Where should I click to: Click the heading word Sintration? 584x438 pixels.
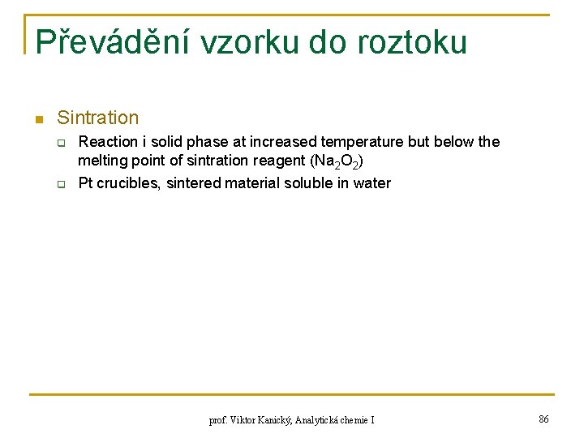pos(98,118)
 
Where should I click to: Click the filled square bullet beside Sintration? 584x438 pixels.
pos(37,120)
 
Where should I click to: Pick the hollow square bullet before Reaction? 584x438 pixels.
pos(60,143)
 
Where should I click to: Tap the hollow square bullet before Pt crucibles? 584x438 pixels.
pos(60,184)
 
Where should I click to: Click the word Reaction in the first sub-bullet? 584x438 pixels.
pos(106,142)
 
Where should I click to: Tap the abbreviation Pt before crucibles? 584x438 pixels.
pos(86,183)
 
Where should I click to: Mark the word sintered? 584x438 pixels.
pos(195,183)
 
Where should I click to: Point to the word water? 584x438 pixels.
pos(371,183)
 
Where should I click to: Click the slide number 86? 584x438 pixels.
pos(543,419)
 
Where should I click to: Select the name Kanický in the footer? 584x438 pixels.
pos(272,420)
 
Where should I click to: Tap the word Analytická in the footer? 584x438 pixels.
pos(321,420)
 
